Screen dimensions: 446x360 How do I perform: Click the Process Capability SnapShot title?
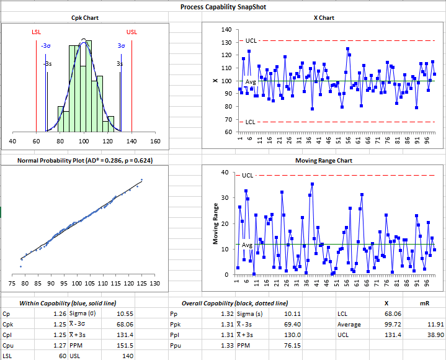223,7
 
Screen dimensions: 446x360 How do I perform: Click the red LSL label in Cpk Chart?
36,32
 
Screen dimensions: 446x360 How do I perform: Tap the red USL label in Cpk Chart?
132,32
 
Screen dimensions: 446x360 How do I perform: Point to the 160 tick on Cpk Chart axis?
155,141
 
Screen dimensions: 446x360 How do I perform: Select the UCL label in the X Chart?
251,41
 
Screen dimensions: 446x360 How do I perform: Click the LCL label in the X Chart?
251,122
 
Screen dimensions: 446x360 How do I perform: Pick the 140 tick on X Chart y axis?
226,30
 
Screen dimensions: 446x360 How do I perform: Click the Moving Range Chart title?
324,161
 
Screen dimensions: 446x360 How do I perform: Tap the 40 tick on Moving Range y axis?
225,172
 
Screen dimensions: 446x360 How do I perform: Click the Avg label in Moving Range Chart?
247,245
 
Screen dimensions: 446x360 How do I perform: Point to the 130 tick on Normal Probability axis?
154,284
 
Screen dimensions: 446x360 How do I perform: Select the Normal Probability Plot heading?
85,161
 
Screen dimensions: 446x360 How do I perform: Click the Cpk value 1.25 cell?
60,325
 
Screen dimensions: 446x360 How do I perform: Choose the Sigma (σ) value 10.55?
125,314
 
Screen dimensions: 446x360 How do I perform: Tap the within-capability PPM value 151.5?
125,346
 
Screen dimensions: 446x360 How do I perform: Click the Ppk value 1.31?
227,325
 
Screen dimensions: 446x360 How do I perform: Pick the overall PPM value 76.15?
292,346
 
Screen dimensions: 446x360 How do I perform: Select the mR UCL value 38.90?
435,335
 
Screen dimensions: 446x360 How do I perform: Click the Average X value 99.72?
393,325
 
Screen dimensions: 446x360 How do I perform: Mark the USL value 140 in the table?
128,356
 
